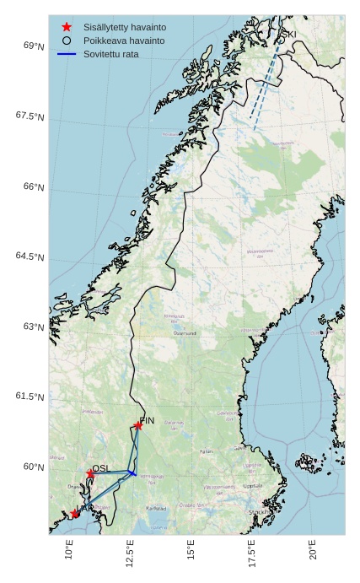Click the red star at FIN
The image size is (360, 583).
138,425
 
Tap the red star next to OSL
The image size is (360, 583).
90,473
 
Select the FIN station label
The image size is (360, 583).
148,420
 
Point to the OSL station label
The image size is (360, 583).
101,468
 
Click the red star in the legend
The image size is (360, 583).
67,27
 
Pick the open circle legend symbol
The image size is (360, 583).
67,40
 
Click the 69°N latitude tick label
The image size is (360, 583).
34,46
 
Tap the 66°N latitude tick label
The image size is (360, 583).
34,186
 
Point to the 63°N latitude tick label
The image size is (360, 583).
34,327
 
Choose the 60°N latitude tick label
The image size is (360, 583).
34,467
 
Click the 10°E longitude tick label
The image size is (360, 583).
70,553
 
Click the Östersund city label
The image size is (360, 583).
184,333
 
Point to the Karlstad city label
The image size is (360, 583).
156,509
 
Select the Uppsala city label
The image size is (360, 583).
252,486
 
